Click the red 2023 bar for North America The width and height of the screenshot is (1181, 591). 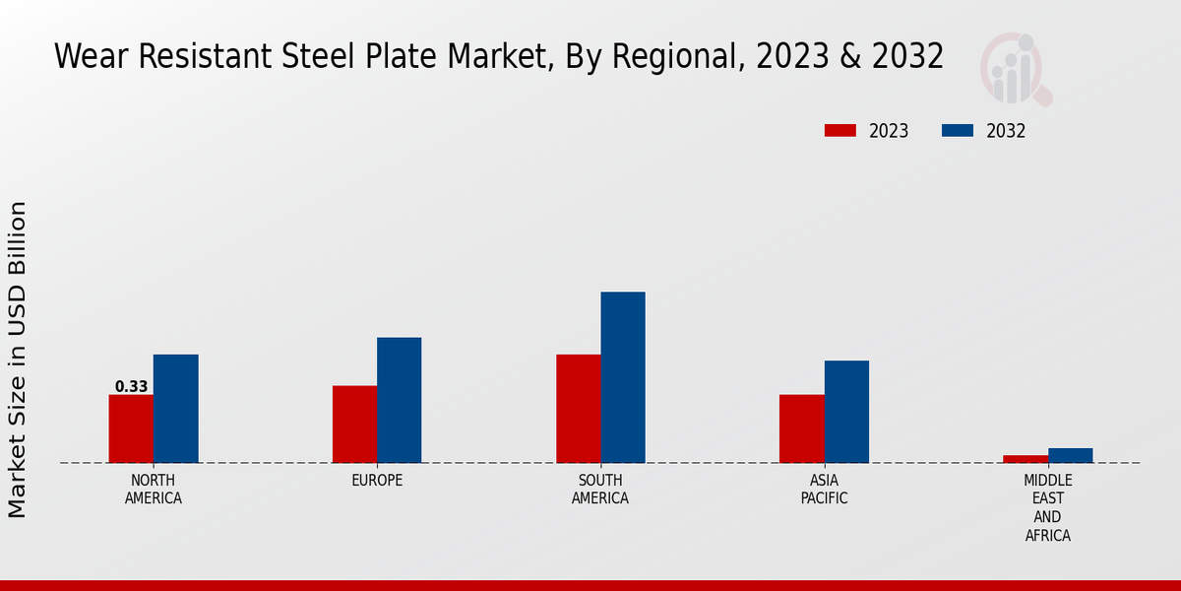131,428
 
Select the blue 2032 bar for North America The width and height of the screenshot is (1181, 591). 176,409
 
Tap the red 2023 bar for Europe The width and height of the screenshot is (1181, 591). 354,424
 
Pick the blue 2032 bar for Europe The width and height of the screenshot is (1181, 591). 400,400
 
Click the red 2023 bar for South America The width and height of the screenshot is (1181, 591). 579,409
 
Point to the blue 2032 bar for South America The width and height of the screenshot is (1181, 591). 623,377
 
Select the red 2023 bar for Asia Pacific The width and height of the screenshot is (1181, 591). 802,428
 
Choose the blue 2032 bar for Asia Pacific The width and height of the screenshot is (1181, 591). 846,412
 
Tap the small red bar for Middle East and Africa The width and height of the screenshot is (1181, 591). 1026,459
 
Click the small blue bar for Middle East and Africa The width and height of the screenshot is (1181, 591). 1071,455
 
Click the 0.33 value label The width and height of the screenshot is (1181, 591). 131,387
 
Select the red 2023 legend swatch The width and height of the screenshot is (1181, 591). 840,131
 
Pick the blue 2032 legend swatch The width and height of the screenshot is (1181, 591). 958,131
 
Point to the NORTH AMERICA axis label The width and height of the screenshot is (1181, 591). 154,490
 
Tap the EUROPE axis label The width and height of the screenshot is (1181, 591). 377,481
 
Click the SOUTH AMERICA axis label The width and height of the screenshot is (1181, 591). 600,490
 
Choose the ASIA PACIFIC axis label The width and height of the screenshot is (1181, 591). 825,490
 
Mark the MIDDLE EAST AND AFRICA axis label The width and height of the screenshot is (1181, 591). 1048,508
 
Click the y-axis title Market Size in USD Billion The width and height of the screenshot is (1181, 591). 18,360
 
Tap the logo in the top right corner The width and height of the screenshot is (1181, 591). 1016,69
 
